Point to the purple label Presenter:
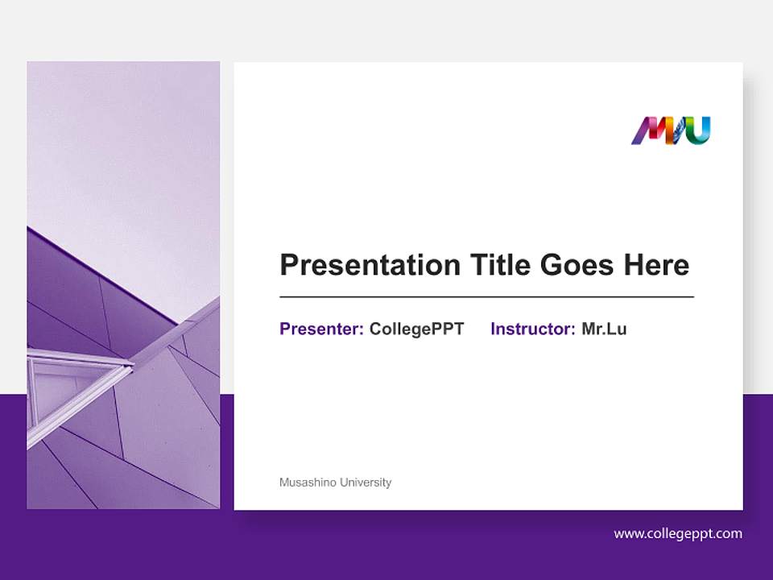click(x=321, y=329)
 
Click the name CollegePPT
click(x=416, y=329)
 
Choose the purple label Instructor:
click(x=532, y=329)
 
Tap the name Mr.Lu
click(x=604, y=329)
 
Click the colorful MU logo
click(x=670, y=130)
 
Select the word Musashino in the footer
click(x=308, y=483)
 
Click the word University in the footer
click(x=366, y=483)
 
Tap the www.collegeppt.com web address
click(x=678, y=533)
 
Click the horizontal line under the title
click(x=486, y=297)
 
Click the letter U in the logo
click(x=699, y=130)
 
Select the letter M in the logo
click(x=649, y=130)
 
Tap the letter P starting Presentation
click(x=288, y=265)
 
